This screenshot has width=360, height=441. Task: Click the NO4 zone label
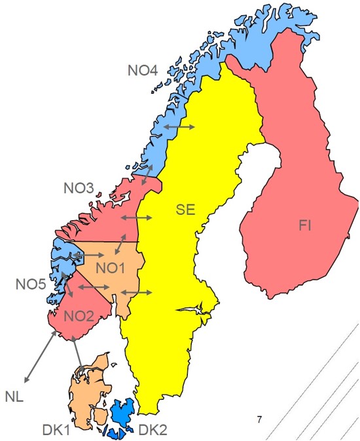(x=142, y=70)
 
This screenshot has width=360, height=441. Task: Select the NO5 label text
(x=31, y=284)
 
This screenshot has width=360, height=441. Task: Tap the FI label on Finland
(x=305, y=226)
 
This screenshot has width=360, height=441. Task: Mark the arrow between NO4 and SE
(x=179, y=126)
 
